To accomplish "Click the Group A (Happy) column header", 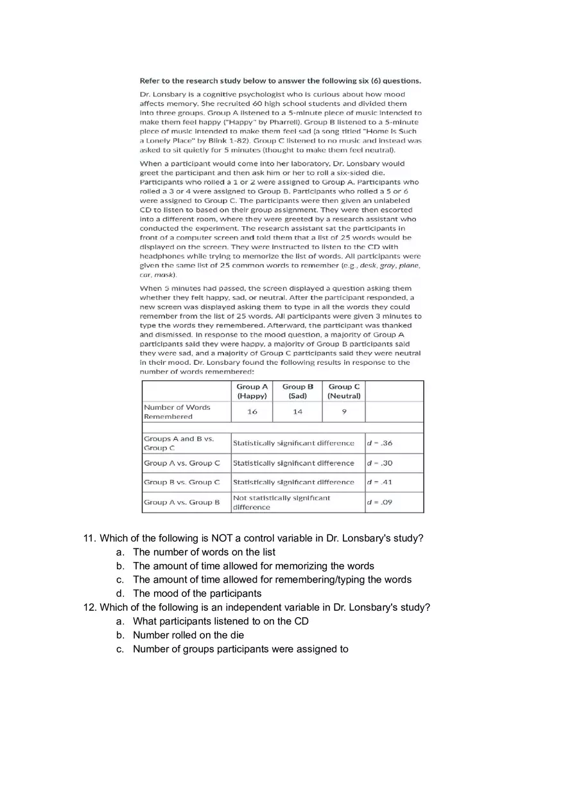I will pyautogui.click(x=252, y=391).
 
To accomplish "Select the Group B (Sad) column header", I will pyautogui.click(x=297, y=391).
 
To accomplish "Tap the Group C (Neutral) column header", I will pyautogui.click(x=343, y=391).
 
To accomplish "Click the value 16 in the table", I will pyautogui.click(x=252, y=412).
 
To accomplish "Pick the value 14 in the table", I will pyautogui.click(x=297, y=412).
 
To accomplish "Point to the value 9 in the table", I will pyautogui.click(x=343, y=412).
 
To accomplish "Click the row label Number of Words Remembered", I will pyautogui.click(x=177, y=412).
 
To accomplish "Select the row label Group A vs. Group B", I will pyautogui.click(x=181, y=502).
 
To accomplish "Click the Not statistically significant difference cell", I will pyautogui.click(x=281, y=502).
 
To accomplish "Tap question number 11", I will pyautogui.click(x=90, y=538).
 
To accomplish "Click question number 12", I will pyautogui.click(x=90, y=608).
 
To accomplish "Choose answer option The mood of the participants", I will pyautogui.click(x=197, y=594).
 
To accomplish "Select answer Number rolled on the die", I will pyautogui.click(x=188, y=635).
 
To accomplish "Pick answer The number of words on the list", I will pyautogui.click(x=204, y=552).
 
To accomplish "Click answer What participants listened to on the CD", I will pyautogui.click(x=221, y=621).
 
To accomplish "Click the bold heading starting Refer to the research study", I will pyautogui.click(x=281, y=81).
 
